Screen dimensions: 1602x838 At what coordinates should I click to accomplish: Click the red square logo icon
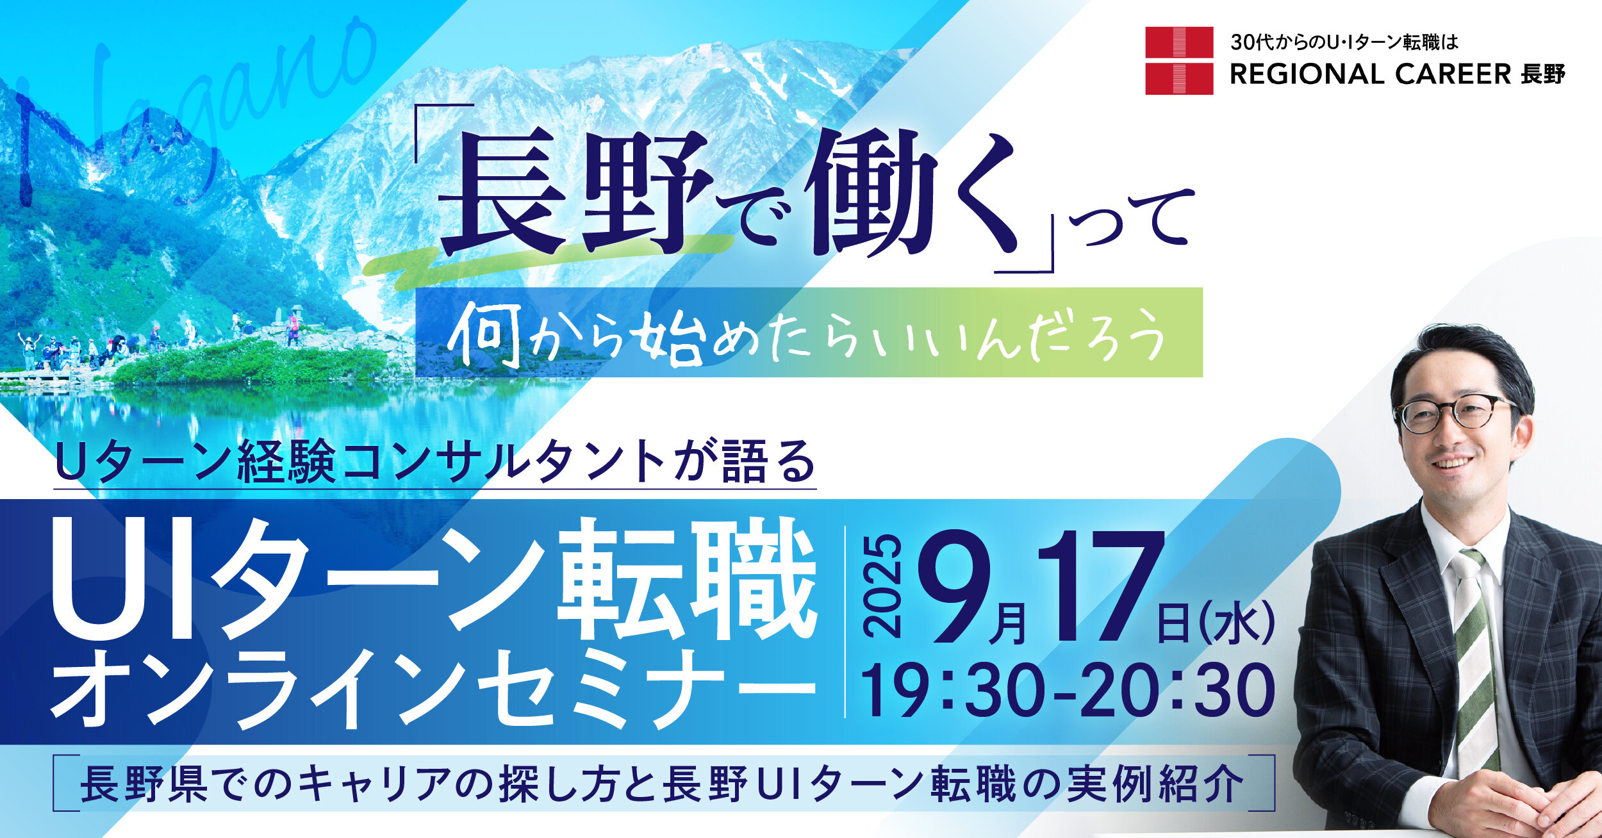point(1179,61)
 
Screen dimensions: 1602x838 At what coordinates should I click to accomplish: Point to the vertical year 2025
point(882,587)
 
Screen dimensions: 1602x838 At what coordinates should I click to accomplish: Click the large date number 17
point(1100,586)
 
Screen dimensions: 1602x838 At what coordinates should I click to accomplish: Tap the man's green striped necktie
point(1476,660)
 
